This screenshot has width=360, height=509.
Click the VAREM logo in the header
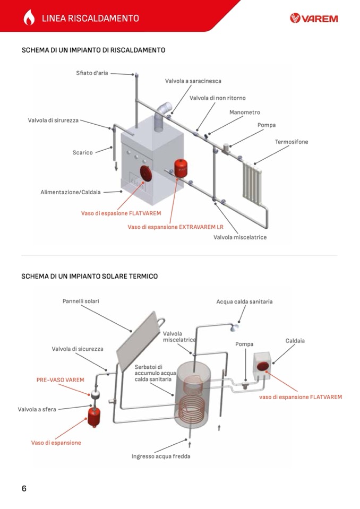click(x=314, y=19)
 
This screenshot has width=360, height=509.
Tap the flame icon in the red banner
click(x=29, y=18)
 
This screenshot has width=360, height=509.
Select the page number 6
click(x=24, y=488)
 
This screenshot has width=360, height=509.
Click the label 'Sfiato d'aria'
click(x=92, y=73)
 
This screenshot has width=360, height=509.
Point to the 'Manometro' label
click(x=244, y=113)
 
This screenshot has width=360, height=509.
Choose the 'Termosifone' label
click(x=291, y=142)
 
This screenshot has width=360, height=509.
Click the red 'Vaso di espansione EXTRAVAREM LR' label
click(x=176, y=227)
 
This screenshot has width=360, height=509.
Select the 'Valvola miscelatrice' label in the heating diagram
click(x=240, y=237)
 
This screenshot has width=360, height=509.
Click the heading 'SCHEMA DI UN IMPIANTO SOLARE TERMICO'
click(x=89, y=276)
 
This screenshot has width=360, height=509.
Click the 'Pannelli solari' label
click(x=81, y=301)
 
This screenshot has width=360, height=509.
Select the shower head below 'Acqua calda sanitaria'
click(x=232, y=327)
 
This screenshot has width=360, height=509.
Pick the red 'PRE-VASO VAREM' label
click(x=60, y=380)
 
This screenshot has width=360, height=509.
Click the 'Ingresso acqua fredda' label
click(x=161, y=456)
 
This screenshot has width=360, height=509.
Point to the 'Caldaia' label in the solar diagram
click(x=295, y=341)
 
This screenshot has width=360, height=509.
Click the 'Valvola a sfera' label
click(x=37, y=409)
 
